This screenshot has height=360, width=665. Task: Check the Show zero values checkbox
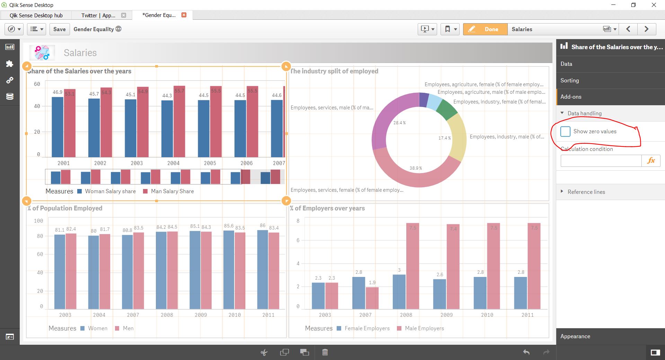(565, 132)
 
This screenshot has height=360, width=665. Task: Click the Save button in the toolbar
(60, 29)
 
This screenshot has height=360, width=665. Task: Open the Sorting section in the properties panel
(569, 80)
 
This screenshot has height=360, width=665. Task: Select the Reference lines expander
(586, 192)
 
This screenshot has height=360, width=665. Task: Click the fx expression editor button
(651, 161)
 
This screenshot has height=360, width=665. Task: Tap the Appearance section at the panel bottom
(575, 336)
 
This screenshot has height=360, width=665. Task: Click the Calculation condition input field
(601, 161)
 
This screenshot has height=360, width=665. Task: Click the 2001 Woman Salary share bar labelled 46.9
(57, 127)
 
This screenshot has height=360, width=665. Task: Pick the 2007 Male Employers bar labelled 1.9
(372, 298)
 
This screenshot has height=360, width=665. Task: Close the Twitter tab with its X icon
(124, 15)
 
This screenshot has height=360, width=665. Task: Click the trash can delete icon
(325, 352)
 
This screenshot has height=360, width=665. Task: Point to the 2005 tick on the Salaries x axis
(210, 163)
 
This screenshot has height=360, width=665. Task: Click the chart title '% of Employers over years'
(327, 208)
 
